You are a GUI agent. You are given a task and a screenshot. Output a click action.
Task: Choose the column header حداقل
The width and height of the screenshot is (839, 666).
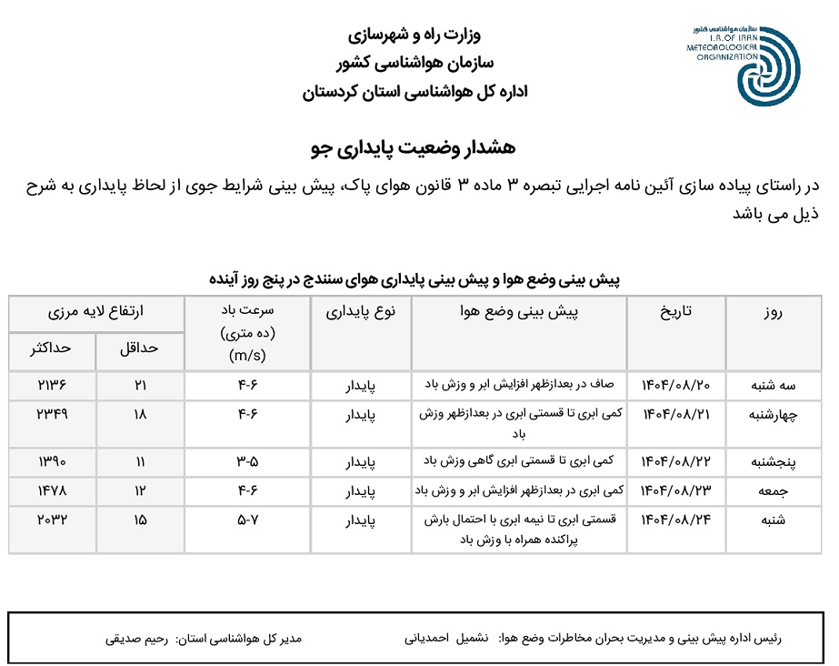point(139,349)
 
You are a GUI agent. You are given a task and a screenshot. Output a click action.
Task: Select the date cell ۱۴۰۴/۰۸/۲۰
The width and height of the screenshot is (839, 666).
point(674,384)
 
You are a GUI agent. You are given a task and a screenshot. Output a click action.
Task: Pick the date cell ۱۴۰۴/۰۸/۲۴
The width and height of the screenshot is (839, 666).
point(674,521)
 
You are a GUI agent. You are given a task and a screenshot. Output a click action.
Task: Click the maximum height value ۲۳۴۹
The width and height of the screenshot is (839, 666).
point(53,413)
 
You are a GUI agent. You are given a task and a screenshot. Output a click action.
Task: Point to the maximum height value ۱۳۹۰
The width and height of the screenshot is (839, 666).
point(53,461)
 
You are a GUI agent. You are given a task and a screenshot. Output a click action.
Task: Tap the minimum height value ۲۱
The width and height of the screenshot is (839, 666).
point(140,384)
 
